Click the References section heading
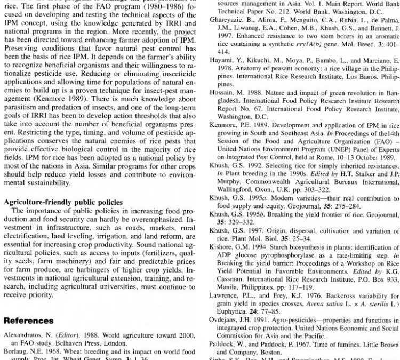[29, 321]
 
